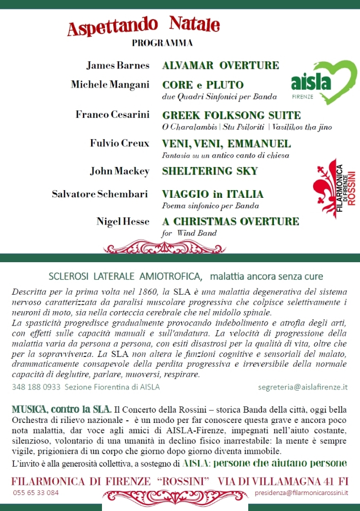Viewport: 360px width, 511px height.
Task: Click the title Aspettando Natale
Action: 143,26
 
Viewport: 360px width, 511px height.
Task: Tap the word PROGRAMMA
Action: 162,43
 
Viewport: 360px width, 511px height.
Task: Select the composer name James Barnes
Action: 117,65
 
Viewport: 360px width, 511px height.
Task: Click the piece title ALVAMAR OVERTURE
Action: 220,65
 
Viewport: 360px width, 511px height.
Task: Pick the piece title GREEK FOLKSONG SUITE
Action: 231,115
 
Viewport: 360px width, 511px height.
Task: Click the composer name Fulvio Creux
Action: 119,143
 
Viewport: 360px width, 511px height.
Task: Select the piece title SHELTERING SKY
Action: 210,171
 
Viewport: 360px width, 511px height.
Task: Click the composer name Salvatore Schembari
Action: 100,194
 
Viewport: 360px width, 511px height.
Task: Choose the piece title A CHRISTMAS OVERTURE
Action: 230,222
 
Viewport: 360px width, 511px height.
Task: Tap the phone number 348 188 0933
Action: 36,386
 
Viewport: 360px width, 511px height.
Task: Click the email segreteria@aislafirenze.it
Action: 303,386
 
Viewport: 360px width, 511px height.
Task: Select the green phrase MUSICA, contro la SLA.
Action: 61,410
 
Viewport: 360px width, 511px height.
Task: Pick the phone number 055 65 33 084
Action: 36,492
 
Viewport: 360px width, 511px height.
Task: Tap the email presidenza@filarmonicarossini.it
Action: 301,492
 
